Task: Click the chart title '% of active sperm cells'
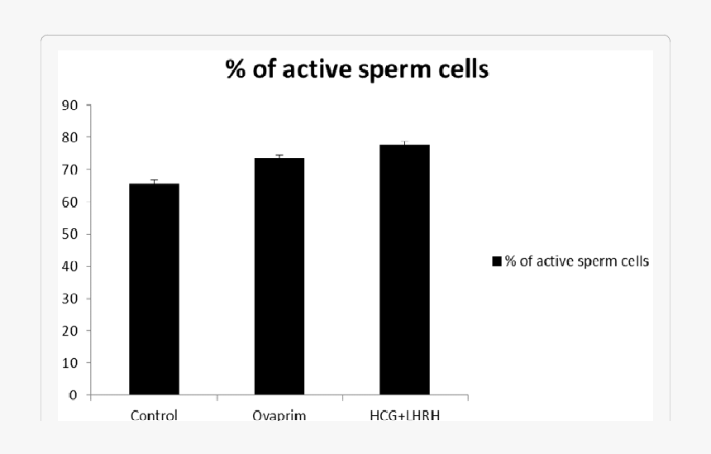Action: pyautogui.click(x=357, y=69)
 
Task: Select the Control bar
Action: pyautogui.click(x=154, y=289)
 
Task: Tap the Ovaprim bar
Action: pyautogui.click(x=279, y=276)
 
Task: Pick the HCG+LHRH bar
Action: pyautogui.click(x=404, y=270)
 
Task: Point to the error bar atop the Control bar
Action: pyautogui.click(x=154, y=182)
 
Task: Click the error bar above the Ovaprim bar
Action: pyautogui.click(x=279, y=156)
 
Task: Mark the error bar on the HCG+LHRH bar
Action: pyautogui.click(x=404, y=143)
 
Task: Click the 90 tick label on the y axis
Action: pyautogui.click(x=69, y=105)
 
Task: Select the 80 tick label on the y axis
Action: pyautogui.click(x=69, y=137)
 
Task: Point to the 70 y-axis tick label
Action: pyautogui.click(x=69, y=170)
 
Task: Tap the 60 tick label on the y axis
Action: pyautogui.click(x=69, y=202)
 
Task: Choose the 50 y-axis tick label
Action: pyautogui.click(x=69, y=234)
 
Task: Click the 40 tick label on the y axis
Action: pyautogui.click(x=69, y=266)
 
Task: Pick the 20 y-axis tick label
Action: pyautogui.click(x=69, y=331)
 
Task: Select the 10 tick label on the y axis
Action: pyautogui.click(x=69, y=363)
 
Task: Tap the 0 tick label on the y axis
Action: pyautogui.click(x=74, y=395)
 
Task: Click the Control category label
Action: pyautogui.click(x=154, y=415)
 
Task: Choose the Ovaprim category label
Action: pyautogui.click(x=279, y=415)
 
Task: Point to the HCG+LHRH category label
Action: pyautogui.click(x=405, y=415)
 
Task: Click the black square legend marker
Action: pyautogui.click(x=497, y=261)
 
